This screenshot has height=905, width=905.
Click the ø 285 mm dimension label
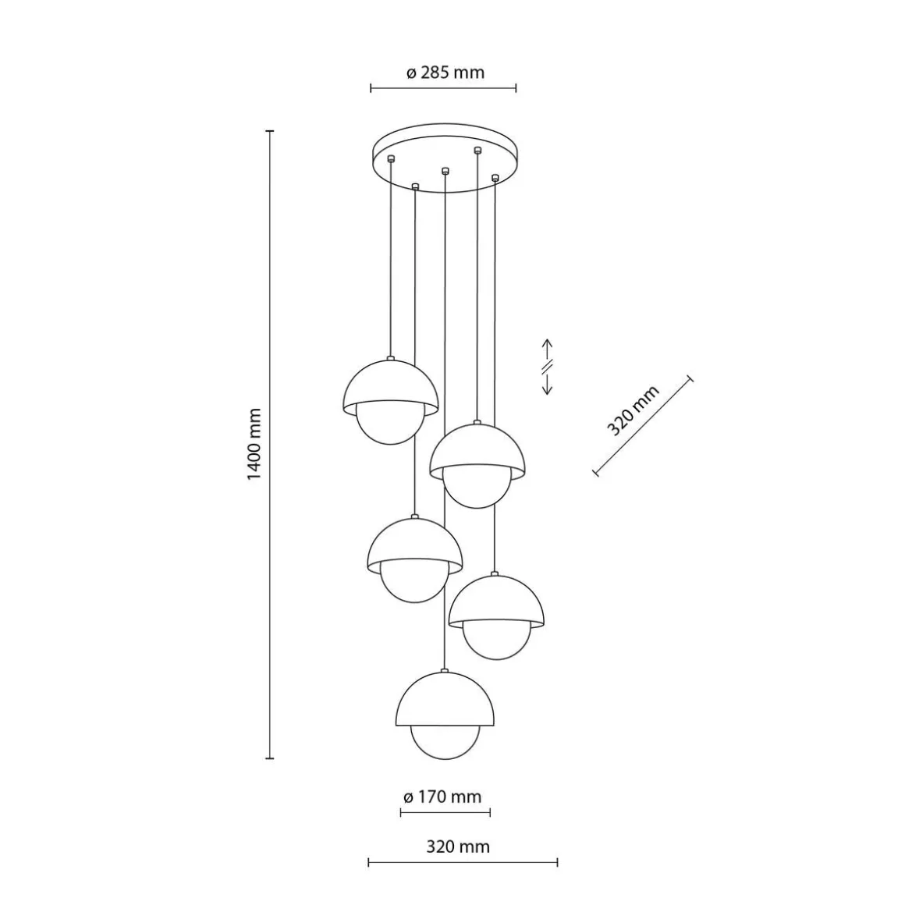pyautogui.click(x=445, y=73)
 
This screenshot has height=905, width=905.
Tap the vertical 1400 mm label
pyautogui.click(x=254, y=444)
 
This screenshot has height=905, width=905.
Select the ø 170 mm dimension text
pyautogui.click(x=442, y=797)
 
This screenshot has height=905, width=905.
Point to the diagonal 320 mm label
pyautogui.click(x=633, y=410)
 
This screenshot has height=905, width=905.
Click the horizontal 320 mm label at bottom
pyautogui.click(x=458, y=846)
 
